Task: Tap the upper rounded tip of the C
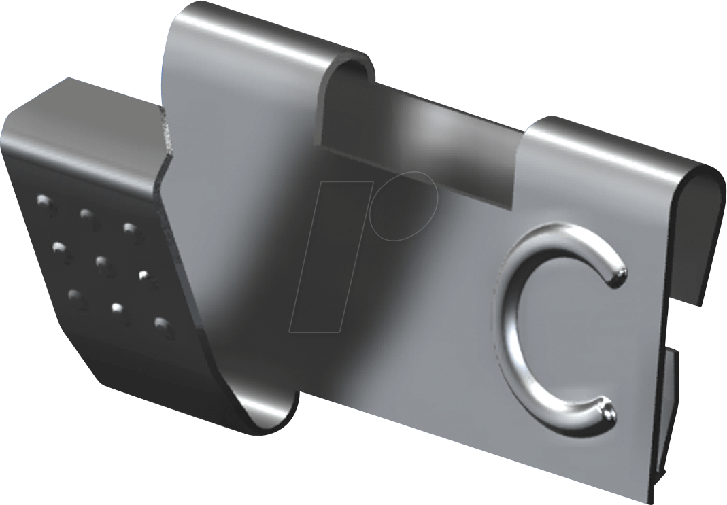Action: [x=618, y=273]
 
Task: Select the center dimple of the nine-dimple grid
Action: [x=103, y=263]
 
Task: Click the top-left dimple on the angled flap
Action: [x=45, y=202]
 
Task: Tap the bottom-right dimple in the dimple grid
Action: [x=161, y=324]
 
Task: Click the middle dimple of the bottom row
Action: [x=117, y=309]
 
